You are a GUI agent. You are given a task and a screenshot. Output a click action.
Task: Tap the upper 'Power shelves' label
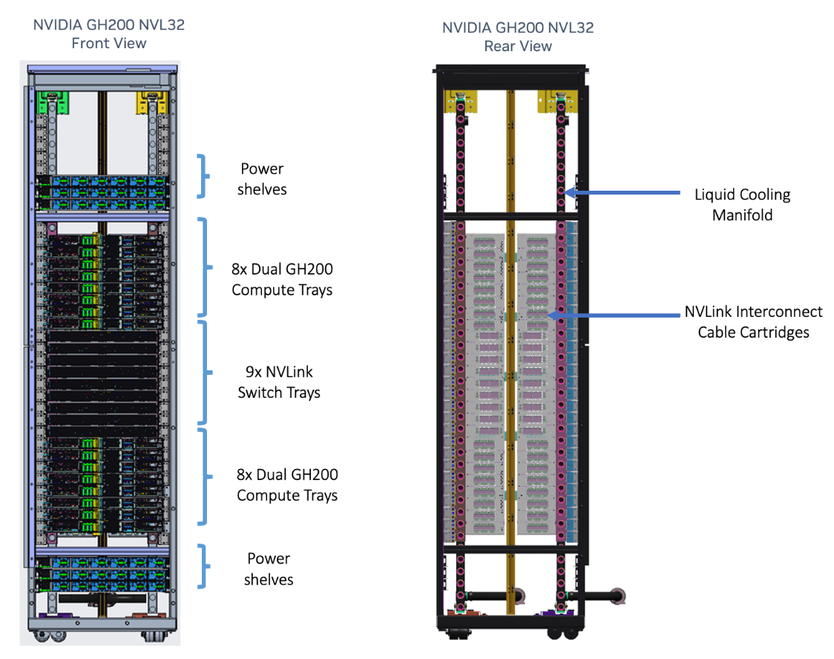pos(262,179)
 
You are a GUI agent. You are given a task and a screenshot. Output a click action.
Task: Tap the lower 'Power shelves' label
pos(269,568)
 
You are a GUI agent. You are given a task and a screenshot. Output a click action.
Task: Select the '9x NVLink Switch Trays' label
pos(279,382)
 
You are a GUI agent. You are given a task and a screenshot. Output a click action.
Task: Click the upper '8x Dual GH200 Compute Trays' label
pos(282,280)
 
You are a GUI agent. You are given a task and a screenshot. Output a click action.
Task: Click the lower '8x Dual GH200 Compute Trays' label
pos(287,485)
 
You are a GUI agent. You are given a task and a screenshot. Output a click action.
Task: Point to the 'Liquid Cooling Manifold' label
pos(742,205)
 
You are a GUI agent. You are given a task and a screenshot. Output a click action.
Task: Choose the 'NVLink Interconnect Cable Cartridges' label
pos(753,322)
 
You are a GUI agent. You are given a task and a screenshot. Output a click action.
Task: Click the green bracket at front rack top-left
pos(54,102)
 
